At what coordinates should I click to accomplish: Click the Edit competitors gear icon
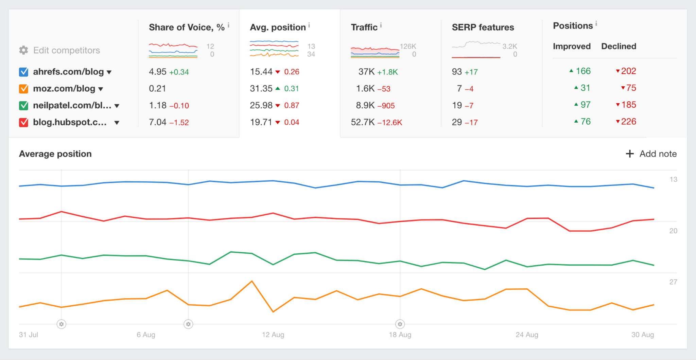23,50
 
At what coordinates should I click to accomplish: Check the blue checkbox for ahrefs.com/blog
23,72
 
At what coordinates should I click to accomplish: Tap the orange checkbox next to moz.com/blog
23,89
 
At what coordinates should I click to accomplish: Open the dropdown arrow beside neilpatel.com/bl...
117,106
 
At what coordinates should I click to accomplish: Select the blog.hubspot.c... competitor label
70,122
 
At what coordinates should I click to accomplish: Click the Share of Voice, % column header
187,27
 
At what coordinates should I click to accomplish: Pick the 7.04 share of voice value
157,122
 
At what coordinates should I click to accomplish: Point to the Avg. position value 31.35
261,89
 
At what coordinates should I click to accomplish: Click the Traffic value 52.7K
363,122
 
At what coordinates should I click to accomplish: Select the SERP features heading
483,27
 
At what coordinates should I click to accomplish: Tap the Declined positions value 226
628,122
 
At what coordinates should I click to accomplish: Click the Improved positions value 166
583,71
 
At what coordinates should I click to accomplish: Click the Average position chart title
55,154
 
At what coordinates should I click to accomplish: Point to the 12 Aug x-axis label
273,335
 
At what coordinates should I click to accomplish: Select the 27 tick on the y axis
673,282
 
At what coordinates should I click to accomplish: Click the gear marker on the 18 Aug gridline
400,324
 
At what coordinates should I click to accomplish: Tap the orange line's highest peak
252,281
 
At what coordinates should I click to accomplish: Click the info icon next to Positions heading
596,23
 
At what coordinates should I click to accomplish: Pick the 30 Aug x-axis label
642,335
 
